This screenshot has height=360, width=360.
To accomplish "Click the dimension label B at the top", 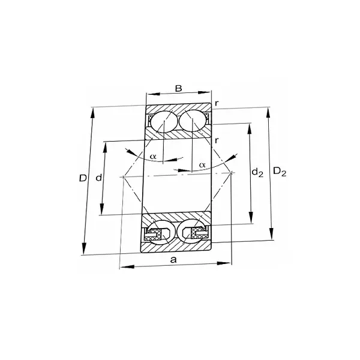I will click(178, 89).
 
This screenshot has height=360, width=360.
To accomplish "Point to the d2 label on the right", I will click(257, 173).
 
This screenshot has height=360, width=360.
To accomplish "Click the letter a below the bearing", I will click(174, 259).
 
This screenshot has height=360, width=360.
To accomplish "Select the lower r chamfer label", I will click(217, 140).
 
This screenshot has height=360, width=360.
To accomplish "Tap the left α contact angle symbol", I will click(153, 157).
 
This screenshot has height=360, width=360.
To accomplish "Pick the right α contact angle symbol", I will click(202, 164).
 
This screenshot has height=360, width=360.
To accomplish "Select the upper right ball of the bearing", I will click(193, 122).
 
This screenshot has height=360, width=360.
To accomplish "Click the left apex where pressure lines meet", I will click(122, 176).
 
